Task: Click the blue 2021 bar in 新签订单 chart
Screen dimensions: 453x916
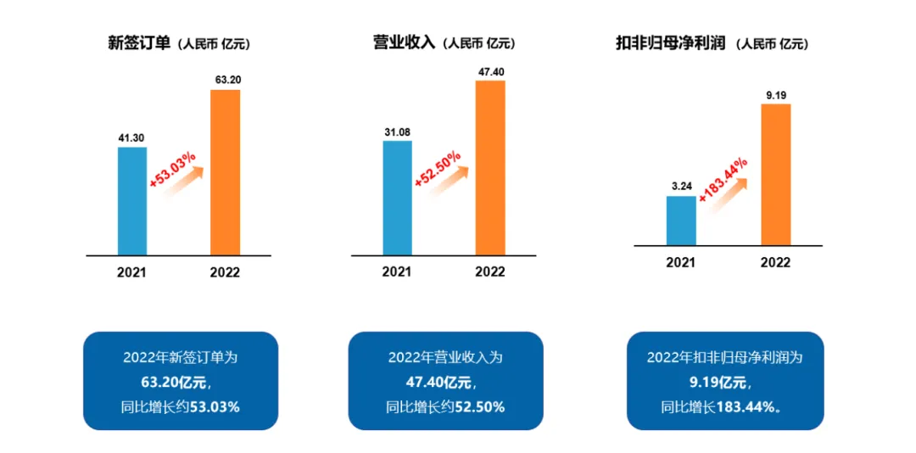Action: tap(131, 201)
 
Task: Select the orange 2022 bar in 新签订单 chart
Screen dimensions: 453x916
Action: tap(225, 172)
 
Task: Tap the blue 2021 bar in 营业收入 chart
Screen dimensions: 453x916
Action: tap(397, 198)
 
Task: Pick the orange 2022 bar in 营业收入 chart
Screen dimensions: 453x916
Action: tap(490, 167)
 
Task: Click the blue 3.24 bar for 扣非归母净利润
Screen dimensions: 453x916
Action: tap(681, 221)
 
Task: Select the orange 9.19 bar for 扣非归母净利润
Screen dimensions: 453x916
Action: tap(775, 175)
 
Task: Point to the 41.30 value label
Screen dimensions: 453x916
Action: tap(131, 137)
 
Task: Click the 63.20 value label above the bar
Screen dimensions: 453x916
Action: tap(226, 80)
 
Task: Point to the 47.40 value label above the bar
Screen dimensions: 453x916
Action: tap(491, 72)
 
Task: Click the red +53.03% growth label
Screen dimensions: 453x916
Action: tap(173, 170)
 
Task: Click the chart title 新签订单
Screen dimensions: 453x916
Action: tap(139, 42)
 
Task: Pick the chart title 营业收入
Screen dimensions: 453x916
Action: tap(404, 42)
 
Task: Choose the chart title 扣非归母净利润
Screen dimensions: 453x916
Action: tap(670, 42)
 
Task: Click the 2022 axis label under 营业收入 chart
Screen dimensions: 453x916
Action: tap(490, 271)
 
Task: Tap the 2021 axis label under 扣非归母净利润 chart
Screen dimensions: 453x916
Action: tap(680, 262)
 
